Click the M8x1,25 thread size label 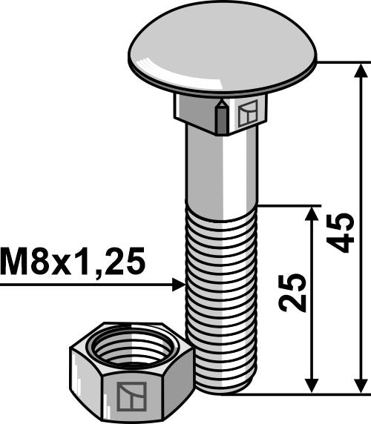point(73,262)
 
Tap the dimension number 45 point(340,233)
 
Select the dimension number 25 point(292,293)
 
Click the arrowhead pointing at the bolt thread point(179,285)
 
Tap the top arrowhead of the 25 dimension point(312,214)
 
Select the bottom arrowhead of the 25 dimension point(312,385)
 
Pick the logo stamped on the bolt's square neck point(248,113)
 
